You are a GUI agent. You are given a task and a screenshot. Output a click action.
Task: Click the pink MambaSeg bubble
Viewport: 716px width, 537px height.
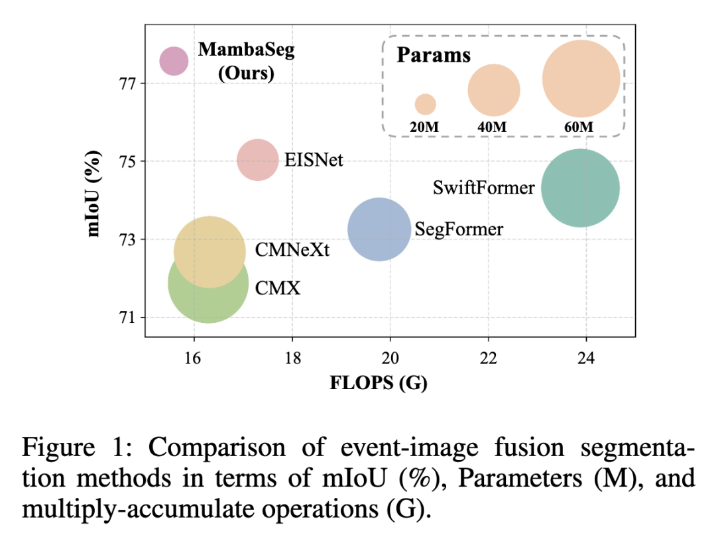[174, 61]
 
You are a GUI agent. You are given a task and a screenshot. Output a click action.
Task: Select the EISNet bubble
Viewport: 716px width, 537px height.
[257, 160]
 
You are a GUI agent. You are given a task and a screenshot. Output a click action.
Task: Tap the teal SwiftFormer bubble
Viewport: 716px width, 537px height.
[580, 188]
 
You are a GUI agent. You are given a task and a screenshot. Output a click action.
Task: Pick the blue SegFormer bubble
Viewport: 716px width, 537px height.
[379, 229]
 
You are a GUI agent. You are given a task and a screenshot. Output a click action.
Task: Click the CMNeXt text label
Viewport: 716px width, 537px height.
[292, 250]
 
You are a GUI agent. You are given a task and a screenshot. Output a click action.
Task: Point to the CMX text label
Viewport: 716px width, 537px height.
[278, 288]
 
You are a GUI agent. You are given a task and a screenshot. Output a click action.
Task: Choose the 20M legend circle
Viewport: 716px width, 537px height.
[425, 104]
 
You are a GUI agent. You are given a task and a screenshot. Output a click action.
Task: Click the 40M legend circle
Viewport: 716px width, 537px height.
[494, 90]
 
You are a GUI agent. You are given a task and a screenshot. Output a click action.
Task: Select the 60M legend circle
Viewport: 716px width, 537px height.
[581, 78]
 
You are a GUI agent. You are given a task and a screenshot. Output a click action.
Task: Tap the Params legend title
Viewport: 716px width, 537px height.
[434, 55]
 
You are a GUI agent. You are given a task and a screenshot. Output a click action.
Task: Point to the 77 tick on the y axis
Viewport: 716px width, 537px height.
[128, 84]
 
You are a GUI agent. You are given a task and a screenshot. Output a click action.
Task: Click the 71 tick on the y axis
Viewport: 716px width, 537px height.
[128, 318]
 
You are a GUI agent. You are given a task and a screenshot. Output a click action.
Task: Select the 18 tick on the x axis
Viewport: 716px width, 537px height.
[292, 359]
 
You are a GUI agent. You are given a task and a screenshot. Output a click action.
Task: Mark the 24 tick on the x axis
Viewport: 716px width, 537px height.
[586, 359]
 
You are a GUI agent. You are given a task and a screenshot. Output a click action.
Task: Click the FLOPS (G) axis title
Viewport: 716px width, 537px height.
[379, 383]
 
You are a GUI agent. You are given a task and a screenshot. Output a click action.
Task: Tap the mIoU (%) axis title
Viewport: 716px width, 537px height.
[93, 194]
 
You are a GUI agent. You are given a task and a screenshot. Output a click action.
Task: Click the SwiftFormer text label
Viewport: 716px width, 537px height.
[483, 188]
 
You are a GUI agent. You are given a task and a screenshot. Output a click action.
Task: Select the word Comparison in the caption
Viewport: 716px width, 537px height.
[217, 447]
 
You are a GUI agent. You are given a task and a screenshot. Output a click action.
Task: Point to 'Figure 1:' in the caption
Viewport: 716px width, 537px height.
[77, 447]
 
